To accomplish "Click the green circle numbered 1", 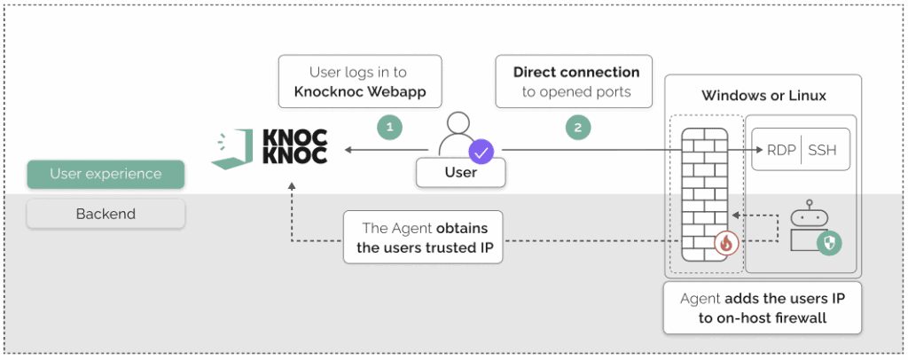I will click(x=389, y=127).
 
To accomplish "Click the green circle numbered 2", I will click(x=577, y=127).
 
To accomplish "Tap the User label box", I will click(x=460, y=173).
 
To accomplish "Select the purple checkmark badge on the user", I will click(x=481, y=152).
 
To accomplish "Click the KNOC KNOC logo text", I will click(x=295, y=147).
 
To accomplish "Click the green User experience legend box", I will click(x=106, y=174).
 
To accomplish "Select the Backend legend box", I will click(x=106, y=214).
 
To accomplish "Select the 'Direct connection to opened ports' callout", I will click(x=576, y=82).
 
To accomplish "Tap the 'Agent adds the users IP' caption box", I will click(x=762, y=308).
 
